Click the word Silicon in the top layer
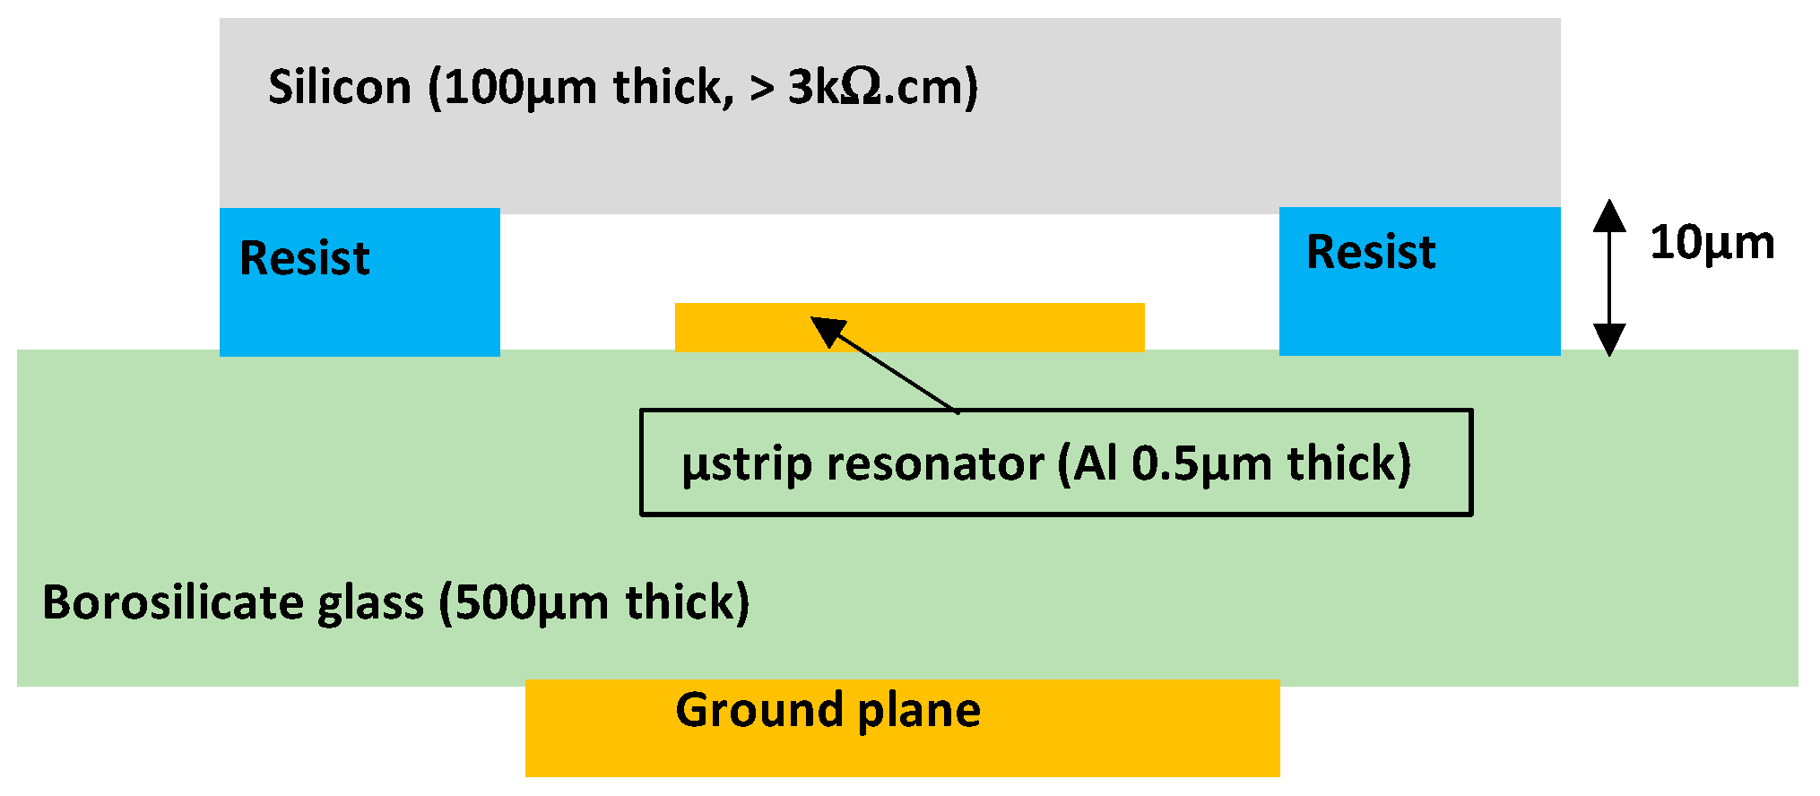(340, 88)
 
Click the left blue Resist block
(360, 305)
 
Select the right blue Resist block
(1419, 305)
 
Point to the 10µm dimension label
(1712, 243)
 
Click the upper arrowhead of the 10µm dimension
(1609, 215)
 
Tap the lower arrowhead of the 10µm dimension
(1609, 340)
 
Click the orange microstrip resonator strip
(986, 327)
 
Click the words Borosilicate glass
(233, 602)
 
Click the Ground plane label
(828, 711)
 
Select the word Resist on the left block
(304, 259)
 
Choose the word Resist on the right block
(1371, 252)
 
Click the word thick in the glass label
(680, 602)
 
